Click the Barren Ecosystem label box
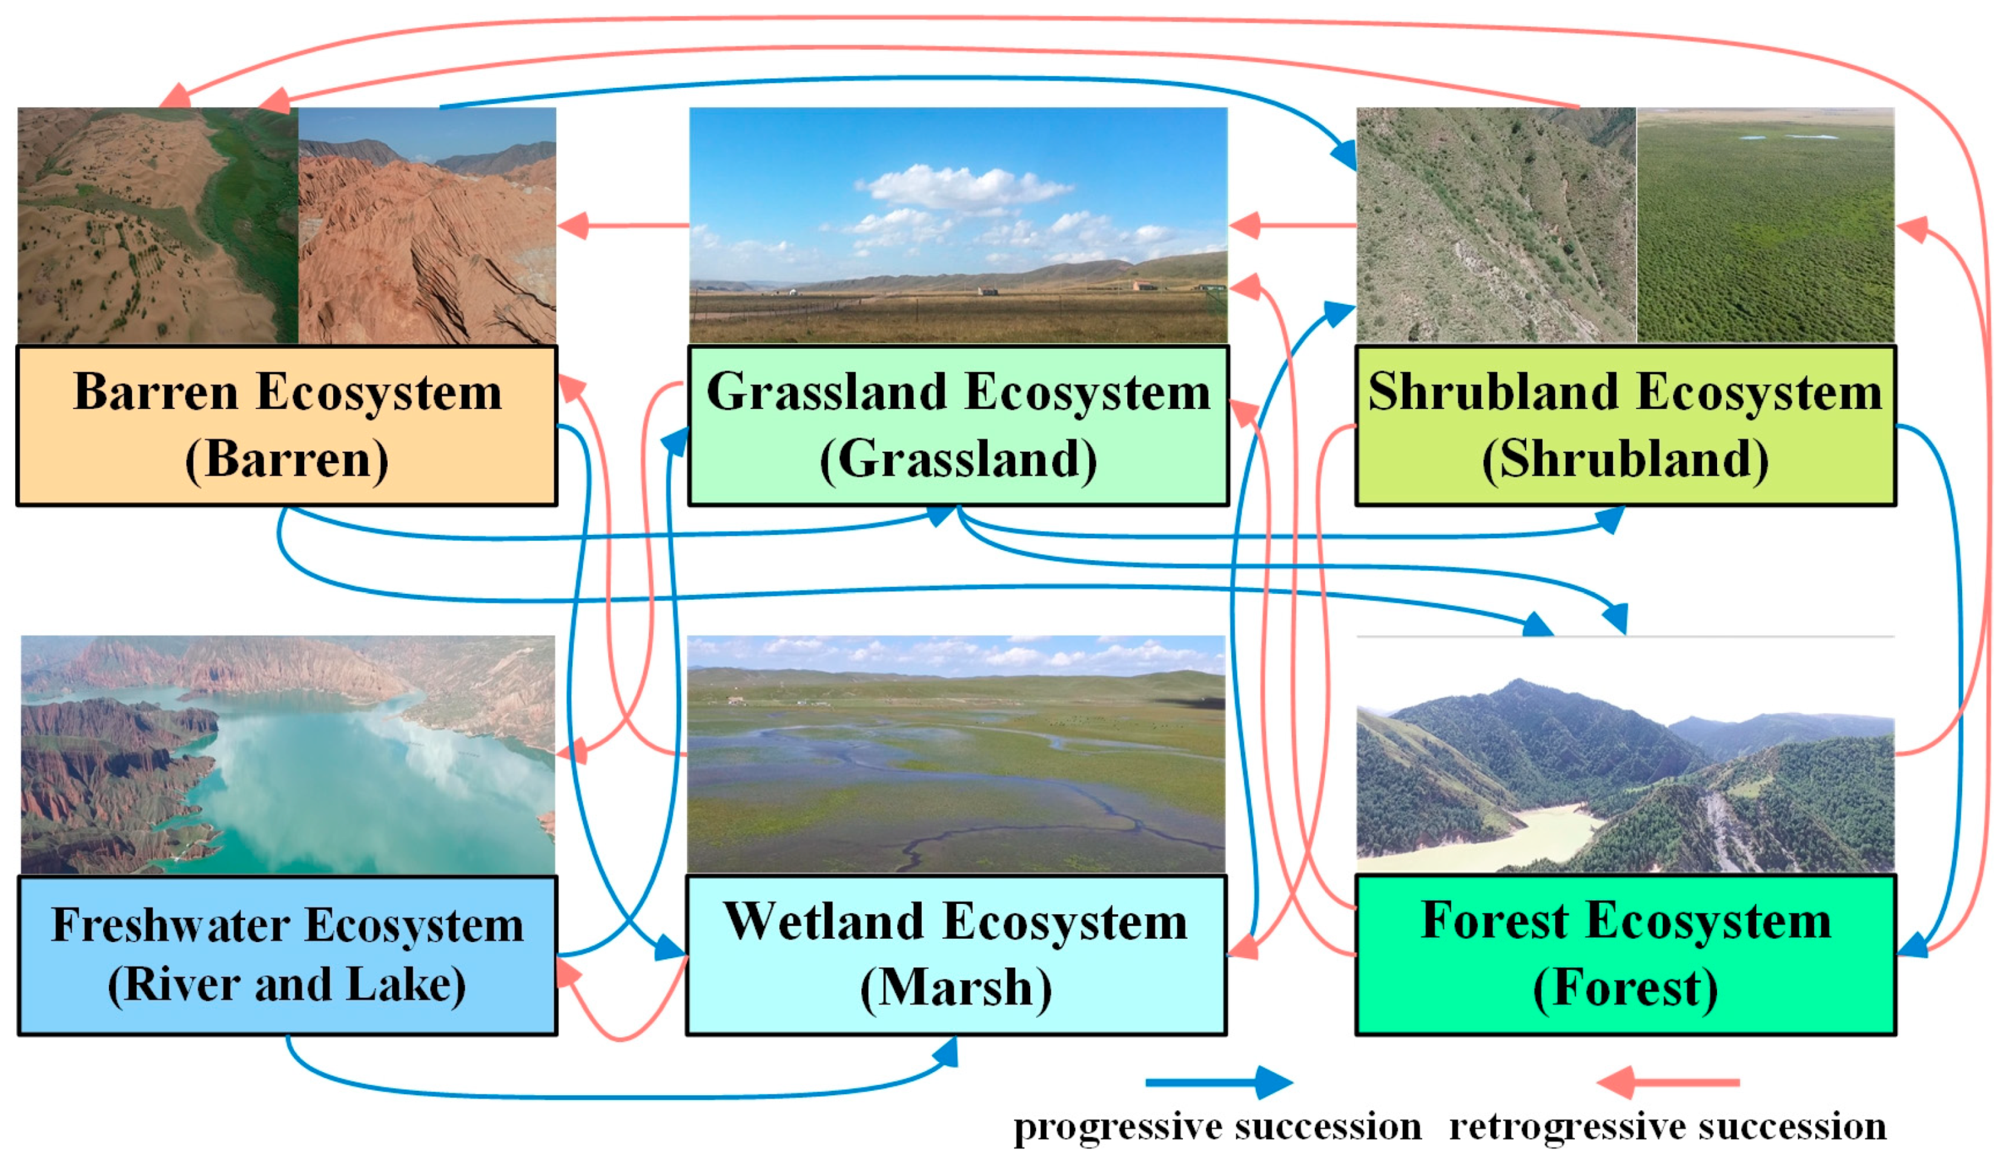coord(286,425)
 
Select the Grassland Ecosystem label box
coord(958,425)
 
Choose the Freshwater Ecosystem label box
coord(286,955)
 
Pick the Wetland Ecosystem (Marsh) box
coord(955,955)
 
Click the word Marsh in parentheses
coord(955,988)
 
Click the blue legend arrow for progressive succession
coord(1218,1083)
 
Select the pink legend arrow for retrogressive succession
coord(1667,1083)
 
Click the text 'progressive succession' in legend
coord(1216,1127)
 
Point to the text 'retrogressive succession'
coord(1667,1127)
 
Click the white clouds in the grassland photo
coord(963,187)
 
